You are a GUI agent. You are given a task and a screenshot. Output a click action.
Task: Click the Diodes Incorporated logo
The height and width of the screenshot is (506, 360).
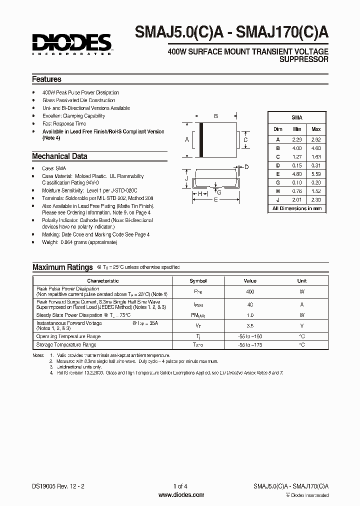click(72, 43)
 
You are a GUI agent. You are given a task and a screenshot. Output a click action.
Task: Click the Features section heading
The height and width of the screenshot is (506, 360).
click(46, 79)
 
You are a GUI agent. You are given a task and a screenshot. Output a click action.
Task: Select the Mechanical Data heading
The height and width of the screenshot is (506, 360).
click(59, 156)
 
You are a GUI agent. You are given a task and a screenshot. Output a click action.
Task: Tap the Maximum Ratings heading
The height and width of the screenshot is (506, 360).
click(62, 267)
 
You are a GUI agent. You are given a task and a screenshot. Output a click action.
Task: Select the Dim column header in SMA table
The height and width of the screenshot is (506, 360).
click(278, 129)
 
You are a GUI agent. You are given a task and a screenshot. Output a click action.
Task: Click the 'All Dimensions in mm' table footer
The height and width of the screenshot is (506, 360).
click(297, 208)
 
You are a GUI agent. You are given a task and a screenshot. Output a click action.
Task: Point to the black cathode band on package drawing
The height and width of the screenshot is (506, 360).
click(201, 140)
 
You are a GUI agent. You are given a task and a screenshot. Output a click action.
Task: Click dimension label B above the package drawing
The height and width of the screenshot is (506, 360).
click(216, 116)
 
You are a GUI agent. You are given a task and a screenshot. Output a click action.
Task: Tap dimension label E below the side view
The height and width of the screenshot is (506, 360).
click(215, 199)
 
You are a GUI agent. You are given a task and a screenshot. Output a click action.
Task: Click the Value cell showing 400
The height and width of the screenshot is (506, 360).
click(250, 291)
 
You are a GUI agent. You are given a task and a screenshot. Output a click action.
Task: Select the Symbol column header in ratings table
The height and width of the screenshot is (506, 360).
click(198, 281)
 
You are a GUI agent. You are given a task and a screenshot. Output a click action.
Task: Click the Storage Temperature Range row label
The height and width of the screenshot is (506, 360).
click(66, 345)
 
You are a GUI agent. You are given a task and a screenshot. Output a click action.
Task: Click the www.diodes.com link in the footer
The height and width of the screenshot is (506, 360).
click(181, 495)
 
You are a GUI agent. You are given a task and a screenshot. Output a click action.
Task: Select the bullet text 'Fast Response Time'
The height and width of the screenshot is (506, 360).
click(64, 123)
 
